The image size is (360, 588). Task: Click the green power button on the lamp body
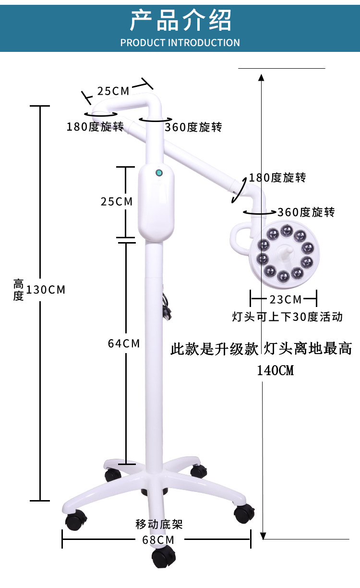tap(158, 173)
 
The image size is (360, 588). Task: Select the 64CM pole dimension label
tap(124, 343)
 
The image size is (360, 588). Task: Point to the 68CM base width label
tap(158, 539)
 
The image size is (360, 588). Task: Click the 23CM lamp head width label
tap(286, 300)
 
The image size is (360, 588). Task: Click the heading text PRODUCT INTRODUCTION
tap(180, 43)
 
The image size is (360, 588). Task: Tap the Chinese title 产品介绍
tap(180, 20)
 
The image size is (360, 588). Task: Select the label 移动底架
tap(159, 524)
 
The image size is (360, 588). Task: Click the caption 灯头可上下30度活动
tap(287, 317)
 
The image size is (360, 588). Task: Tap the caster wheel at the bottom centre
tap(163, 557)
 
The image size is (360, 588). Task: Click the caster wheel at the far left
tap(76, 520)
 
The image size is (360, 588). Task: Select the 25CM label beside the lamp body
tap(117, 201)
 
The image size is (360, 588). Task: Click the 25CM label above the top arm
tap(113, 91)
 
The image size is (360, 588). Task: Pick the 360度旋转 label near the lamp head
tap(306, 212)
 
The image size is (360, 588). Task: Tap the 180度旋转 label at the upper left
tap(95, 127)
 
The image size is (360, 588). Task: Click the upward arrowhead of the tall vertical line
tap(261, 77)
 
